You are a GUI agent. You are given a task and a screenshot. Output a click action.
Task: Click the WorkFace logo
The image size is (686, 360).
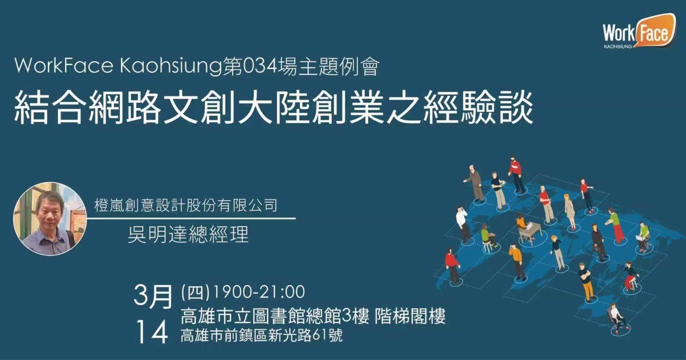[639, 31]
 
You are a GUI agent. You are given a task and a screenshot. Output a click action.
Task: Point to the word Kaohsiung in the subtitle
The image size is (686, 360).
[170, 66]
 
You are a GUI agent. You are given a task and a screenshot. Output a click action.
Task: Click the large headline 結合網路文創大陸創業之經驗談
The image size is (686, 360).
[273, 107]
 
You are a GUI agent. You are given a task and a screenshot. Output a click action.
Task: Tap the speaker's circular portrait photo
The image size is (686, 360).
[50, 219]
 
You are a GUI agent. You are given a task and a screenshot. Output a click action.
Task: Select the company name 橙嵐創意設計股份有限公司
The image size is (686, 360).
[186, 205]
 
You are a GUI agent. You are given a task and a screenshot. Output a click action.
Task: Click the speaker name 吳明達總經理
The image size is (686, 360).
[188, 234]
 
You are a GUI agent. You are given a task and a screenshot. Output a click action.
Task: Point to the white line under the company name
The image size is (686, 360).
[192, 218]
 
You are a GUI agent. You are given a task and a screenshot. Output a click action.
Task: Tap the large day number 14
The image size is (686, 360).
[152, 332]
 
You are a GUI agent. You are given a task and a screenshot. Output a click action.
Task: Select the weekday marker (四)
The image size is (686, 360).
[195, 292]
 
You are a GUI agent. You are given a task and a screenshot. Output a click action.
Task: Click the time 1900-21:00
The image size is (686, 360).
[258, 292]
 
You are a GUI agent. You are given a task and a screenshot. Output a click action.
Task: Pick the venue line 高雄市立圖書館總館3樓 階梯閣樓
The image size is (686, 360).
[313, 316]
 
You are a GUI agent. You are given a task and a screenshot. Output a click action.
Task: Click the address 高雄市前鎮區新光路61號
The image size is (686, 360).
[261, 335]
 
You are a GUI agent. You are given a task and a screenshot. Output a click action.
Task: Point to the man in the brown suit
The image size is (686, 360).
[474, 183]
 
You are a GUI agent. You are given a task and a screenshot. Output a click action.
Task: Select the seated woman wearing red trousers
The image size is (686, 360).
[631, 277]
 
